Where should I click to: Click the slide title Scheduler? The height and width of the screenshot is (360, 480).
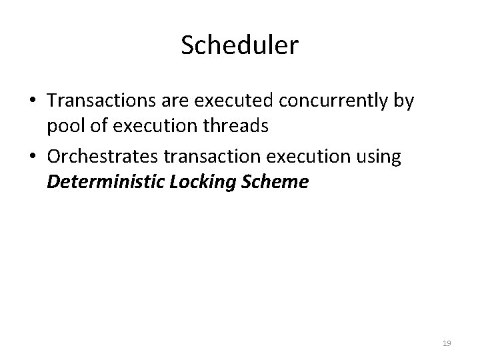pyautogui.click(x=240, y=46)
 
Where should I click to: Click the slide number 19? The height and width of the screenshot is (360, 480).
pyautogui.click(x=447, y=343)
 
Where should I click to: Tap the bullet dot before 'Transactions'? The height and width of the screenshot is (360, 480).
pyautogui.click(x=32, y=101)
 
